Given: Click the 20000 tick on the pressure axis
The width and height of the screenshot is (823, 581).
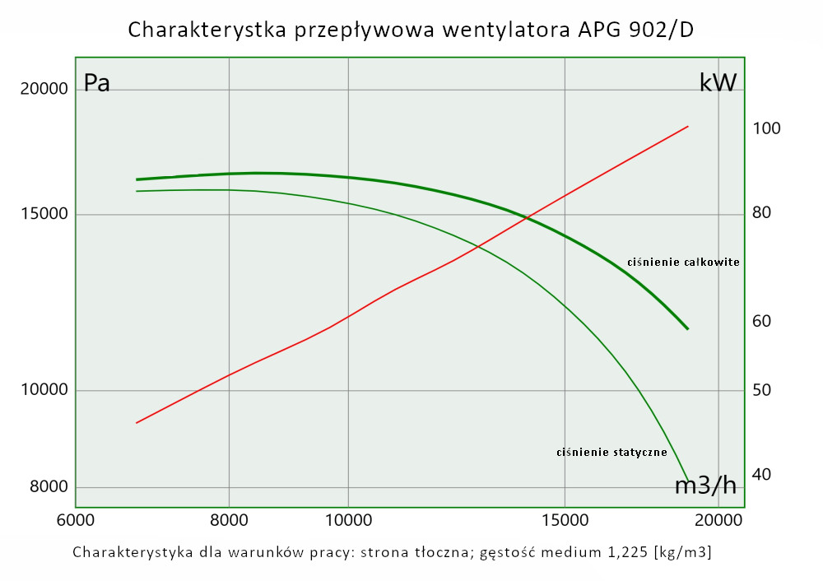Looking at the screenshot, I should click(x=44, y=89).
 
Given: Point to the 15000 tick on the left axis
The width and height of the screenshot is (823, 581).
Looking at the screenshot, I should click(x=44, y=215).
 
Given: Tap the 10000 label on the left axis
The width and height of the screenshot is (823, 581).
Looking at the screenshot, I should click(x=44, y=390).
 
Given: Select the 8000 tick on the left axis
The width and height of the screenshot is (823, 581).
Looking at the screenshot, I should click(x=49, y=486).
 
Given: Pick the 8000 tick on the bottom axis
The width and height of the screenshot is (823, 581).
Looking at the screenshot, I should click(x=229, y=520).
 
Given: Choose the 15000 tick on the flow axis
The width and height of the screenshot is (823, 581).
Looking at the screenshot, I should click(x=565, y=520).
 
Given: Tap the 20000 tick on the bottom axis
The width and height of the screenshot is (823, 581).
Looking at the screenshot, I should click(x=718, y=520).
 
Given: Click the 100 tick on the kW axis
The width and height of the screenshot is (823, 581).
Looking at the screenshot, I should click(x=766, y=128).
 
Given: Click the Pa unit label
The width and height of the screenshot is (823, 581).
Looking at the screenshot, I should click(x=97, y=83).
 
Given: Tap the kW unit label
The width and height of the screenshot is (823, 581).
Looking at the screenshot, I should click(x=718, y=82).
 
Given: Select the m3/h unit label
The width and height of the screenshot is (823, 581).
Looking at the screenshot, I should click(x=705, y=486).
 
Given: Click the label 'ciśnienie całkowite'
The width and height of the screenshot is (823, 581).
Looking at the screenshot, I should click(x=683, y=263).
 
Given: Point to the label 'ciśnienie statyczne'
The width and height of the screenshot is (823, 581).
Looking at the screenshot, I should click(x=611, y=452).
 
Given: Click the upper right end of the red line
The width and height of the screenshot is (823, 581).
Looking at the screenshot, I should click(x=687, y=127).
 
